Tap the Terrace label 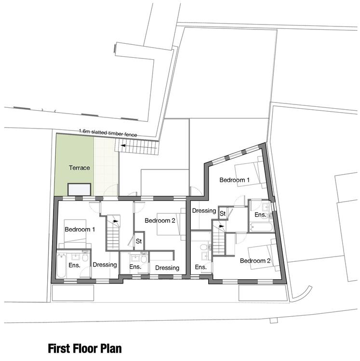coord(80,168)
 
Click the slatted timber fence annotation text coord(108,133)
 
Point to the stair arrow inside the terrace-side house coord(116,221)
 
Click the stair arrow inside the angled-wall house coord(221,226)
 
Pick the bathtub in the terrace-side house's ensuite coord(61,266)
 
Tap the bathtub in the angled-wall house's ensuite coord(261,227)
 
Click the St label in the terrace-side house coord(139,241)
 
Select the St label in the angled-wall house coord(223,214)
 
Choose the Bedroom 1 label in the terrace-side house coord(80,229)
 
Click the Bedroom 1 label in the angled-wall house coord(234,180)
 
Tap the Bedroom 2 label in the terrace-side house coord(160,220)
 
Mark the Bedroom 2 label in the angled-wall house coord(255,260)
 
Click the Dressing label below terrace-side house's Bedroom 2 coord(167,268)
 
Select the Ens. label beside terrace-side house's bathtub coord(74,265)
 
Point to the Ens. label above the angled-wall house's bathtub coord(260,215)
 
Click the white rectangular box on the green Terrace coord(80,190)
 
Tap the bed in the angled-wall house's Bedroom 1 coord(249,172)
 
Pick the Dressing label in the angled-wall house coord(204,211)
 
